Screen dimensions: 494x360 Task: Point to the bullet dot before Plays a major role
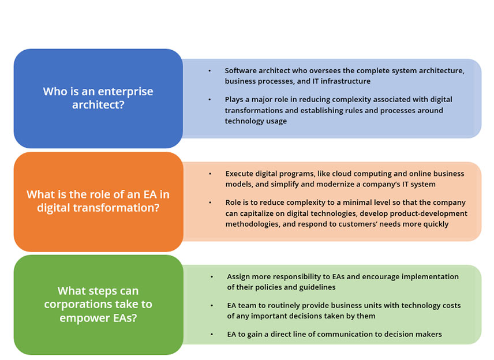click(x=209, y=100)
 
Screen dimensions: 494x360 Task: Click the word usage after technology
click(x=277, y=121)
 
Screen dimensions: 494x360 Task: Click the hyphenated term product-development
click(x=428, y=213)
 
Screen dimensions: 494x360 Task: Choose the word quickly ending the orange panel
click(x=436, y=224)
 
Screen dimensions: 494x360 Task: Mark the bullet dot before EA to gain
click(x=212, y=334)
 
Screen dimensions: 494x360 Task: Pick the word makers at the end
click(x=429, y=334)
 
